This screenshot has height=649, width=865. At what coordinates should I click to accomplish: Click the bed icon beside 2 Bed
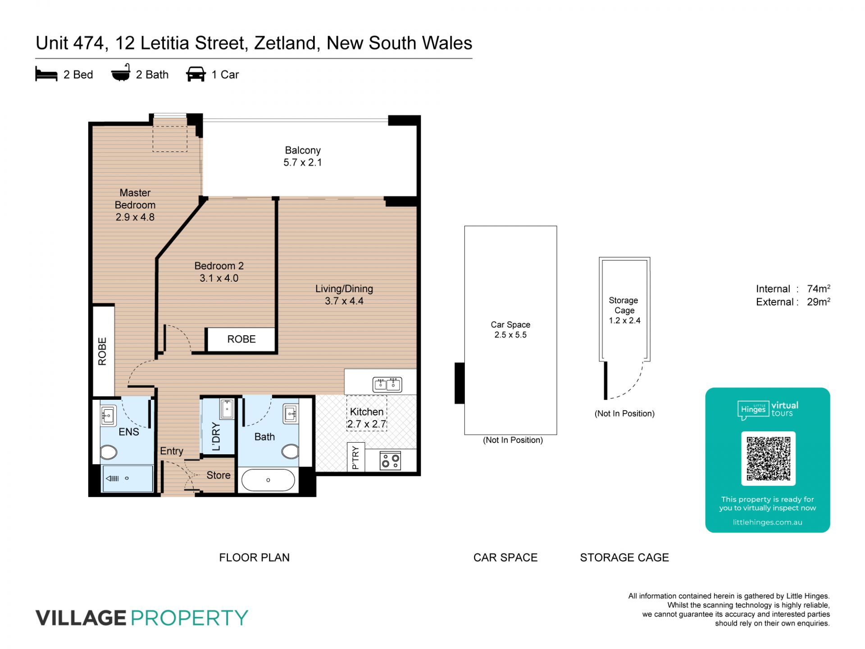46,74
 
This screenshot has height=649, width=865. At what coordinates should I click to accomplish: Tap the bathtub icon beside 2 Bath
121,73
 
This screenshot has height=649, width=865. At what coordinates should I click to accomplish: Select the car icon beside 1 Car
196,74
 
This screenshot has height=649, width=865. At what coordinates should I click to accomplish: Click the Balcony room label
303,150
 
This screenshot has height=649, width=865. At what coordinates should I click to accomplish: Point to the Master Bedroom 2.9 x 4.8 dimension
135,217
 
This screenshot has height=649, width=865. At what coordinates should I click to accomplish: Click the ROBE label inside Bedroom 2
241,339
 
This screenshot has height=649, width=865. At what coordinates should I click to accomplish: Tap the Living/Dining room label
344,289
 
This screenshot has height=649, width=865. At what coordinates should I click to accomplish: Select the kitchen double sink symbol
387,384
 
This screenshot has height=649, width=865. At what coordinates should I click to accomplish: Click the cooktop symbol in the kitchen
390,461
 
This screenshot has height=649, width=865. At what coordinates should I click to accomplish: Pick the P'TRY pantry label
355,457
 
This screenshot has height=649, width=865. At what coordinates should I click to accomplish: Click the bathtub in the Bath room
268,480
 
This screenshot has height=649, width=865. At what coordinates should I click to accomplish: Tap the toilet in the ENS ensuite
109,452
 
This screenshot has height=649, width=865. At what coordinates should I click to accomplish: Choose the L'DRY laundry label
216,436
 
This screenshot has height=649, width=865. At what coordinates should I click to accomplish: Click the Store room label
219,475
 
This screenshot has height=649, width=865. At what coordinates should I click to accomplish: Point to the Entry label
172,451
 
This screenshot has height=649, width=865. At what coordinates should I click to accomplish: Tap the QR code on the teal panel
769,458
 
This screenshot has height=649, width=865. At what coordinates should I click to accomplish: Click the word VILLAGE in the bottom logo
81,617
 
